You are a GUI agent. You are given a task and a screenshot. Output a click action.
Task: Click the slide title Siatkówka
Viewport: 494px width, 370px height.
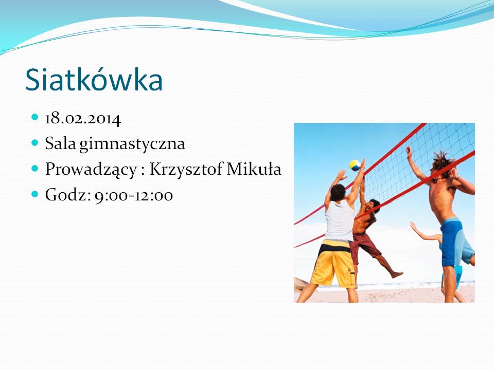pyautogui.click(x=94, y=79)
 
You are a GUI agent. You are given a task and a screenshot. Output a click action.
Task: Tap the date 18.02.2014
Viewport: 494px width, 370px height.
pyautogui.click(x=83, y=119)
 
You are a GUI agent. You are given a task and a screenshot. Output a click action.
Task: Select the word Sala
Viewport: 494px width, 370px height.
pyautogui.click(x=61, y=143)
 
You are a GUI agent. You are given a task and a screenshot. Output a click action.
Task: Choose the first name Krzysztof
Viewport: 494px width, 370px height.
pyautogui.click(x=186, y=169)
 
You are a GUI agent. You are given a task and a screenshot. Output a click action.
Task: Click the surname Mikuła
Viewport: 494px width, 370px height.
pyautogui.click(x=254, y=169)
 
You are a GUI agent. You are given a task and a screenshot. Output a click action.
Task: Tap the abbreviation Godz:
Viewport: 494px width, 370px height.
pyautogui.click(x=68, y=195)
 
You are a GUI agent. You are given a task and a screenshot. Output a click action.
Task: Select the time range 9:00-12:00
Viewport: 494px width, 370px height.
pyautogui.click(x=134, y=195)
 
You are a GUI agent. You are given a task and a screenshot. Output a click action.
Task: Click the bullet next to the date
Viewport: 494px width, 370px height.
pyautogui.click(x=35, y=117)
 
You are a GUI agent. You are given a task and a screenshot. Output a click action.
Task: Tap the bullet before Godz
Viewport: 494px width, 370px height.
pyautogui.click(x=35, y=194)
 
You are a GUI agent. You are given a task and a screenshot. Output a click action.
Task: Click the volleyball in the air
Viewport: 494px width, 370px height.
pyautogui.click(x=355, y=165)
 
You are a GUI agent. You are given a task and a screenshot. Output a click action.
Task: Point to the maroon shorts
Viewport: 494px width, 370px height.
pyautogui.click(x=364, y=247)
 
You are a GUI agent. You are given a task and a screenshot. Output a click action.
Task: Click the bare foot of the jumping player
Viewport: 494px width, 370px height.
pyautogui.click(x=397, y=274)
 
